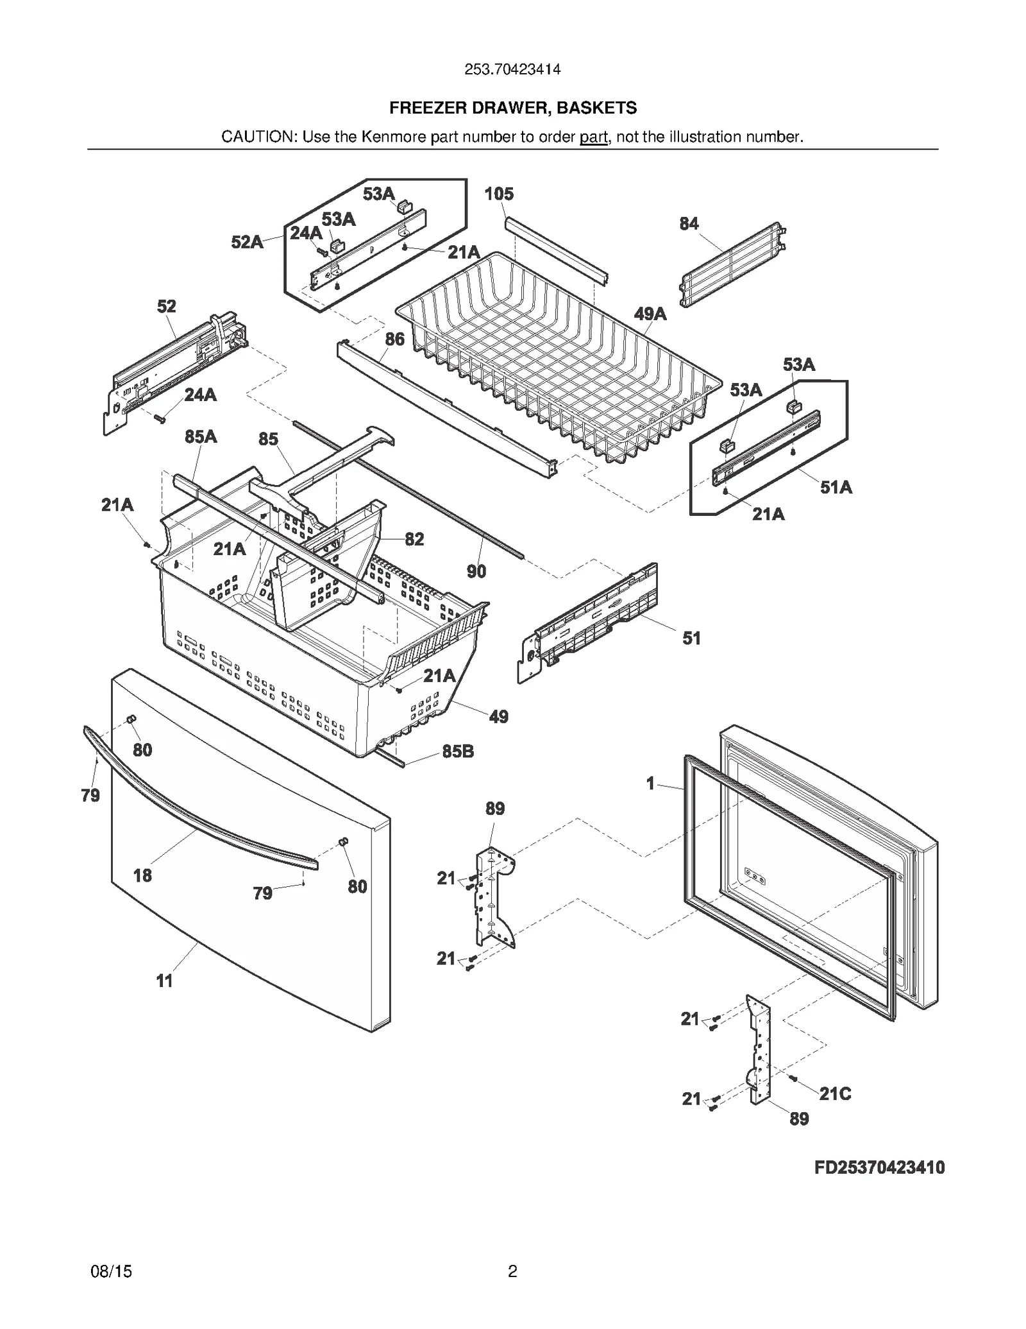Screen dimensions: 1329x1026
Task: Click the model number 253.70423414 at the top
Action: [x=512, y=69]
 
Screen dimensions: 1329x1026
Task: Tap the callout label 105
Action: [x=498, y=194]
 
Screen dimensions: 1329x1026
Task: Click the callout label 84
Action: [x=689, y=224]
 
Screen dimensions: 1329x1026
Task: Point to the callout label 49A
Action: [x=650, y=314]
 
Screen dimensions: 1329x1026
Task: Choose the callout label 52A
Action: [x=247, y=243]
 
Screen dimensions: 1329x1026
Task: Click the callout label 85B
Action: [x=458, y=751]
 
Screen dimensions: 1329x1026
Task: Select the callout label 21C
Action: [x=835, y=1094]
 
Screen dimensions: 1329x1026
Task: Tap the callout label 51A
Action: [x=836, y=488]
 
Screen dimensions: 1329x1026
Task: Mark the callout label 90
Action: [x=476, y=571]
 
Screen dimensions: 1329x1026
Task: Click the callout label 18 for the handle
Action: [x=142, y=875]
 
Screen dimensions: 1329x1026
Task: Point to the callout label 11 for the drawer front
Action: [x=164, y=981]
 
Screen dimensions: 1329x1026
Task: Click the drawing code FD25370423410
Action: [x=879, y=1167]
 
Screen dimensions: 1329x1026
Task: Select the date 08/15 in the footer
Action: [x=112, y=1271]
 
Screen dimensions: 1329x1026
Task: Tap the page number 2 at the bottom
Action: [x=512, y=1271]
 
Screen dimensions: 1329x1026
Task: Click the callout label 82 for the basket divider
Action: [x=414, y=539]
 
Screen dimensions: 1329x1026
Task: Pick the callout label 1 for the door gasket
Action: [x=650, y=784]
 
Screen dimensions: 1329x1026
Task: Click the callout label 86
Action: [x=395, y=339]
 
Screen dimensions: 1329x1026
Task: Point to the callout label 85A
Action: [x=201, y=437]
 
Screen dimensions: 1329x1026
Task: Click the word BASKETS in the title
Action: [x=596, y=108]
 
